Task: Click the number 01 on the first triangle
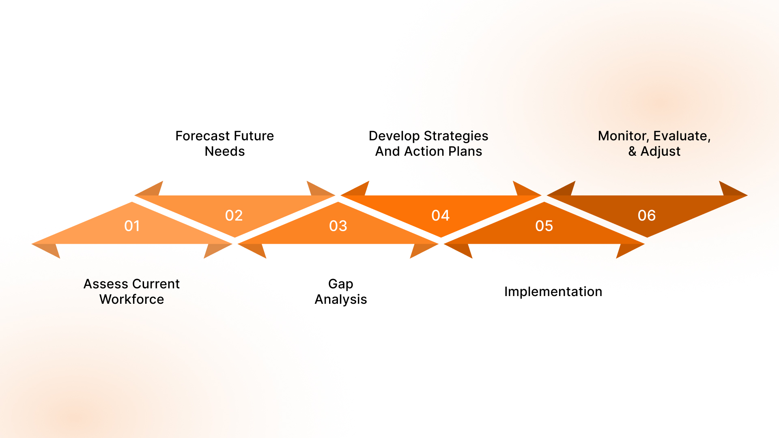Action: point(132,226)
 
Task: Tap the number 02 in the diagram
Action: point(234,215)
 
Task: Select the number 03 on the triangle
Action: point(338,226)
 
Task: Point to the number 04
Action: point(441,215)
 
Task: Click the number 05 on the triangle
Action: point(544,226)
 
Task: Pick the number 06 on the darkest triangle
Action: point(647,215)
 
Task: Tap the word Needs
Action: point(225,151)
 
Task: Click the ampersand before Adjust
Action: point(632,151)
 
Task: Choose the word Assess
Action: point(105,284)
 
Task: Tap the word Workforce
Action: point(132,299)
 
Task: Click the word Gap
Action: point(341,284)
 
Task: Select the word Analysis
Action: point(341,299)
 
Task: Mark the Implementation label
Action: point(553,292)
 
